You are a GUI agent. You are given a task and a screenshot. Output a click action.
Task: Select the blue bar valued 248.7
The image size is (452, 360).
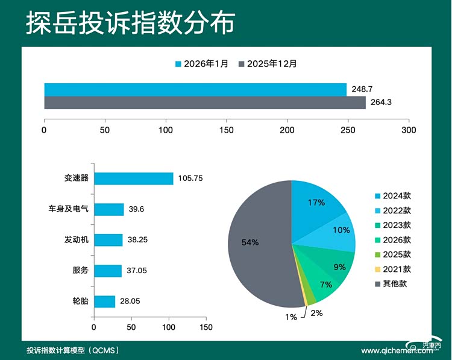[195, 90]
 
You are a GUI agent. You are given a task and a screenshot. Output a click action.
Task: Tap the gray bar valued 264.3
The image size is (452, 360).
[205, 103]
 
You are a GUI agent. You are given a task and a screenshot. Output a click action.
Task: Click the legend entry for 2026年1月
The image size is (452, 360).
[202, 63]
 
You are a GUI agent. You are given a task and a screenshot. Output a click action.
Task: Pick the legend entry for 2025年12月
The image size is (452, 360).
[268, 63]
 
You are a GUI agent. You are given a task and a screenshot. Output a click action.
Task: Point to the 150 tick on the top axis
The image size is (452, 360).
[227, 130]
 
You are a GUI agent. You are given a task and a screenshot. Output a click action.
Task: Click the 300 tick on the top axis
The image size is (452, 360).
[409, 130]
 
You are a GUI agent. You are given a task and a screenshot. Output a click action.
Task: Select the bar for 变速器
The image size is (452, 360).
[133, 178]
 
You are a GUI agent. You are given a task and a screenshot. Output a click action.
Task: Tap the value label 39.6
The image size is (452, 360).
[136, 209]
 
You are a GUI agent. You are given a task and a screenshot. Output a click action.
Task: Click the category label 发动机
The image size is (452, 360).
[77, 240]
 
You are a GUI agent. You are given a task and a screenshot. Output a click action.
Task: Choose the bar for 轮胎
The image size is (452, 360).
[104, 302]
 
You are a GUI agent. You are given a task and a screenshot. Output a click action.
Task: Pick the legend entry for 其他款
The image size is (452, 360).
[391, 283]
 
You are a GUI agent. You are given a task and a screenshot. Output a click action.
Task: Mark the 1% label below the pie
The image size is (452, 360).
[290, 317]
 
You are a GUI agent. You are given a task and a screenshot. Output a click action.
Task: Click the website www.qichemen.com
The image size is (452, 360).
[389, 350]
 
